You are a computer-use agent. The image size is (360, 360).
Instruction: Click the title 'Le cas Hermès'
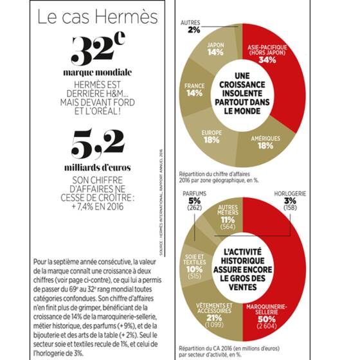(x=98, y=17)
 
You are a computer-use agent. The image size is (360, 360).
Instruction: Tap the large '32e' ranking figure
(x=98, y=48)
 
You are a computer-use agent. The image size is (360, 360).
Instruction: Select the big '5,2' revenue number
(x=98, y=144)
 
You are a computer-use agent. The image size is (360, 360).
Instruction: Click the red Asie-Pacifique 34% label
(x=267, y=54)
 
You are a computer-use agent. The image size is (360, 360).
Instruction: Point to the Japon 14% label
(x=215, y=49)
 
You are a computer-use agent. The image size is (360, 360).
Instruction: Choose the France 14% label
(x=194, y=90)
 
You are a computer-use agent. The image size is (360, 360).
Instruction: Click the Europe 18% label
(x=212, y=136)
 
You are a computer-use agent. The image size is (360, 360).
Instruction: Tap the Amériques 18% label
(x=265, y=142)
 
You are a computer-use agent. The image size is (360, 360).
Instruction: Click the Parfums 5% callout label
(x=194, y=201)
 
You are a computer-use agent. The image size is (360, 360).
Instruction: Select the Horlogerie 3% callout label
(x=290, y=201)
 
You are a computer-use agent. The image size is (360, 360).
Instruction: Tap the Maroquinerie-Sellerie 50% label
(x=267, y=316)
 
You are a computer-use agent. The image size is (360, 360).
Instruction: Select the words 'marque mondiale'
(x=98, y=73)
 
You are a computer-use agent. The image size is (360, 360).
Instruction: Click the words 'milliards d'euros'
(x=98, y=168)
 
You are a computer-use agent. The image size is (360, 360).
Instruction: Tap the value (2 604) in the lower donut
(x=267, y=326)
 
